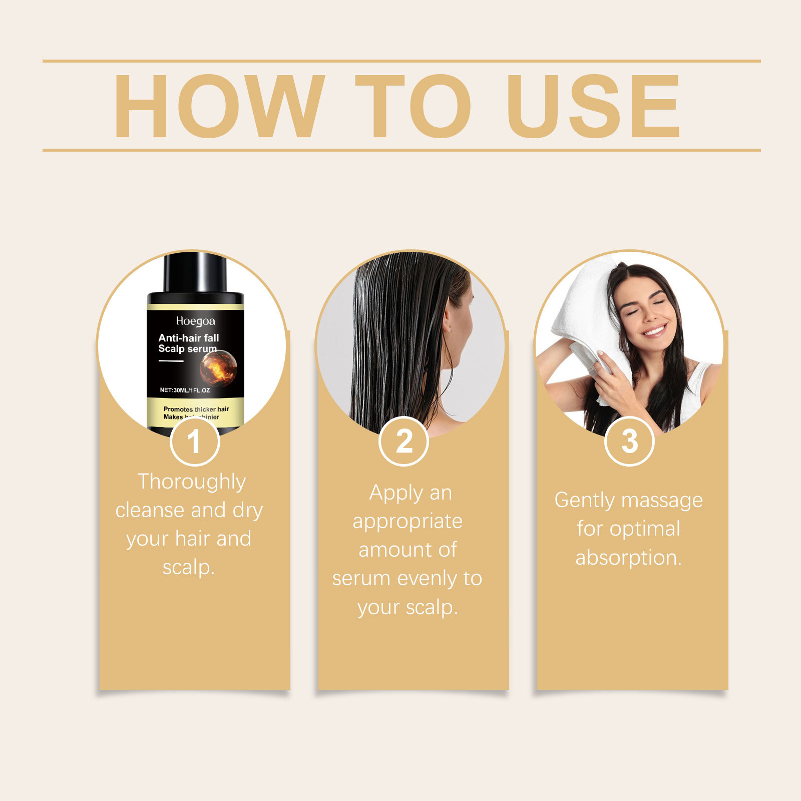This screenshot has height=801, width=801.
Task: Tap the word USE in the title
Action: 593,106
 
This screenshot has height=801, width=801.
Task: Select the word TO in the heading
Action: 413,106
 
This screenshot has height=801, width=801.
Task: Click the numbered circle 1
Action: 194,442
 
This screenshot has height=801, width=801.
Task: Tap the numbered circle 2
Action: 404,442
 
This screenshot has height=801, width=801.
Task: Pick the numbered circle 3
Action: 629,442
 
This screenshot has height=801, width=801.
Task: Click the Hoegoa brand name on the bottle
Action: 195,321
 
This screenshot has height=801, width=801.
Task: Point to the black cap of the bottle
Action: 195,273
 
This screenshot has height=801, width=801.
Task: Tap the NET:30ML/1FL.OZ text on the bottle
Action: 185,390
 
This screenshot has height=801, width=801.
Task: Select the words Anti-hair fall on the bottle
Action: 189,338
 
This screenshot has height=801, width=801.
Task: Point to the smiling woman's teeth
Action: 654,331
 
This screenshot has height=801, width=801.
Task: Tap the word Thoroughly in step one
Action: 192,482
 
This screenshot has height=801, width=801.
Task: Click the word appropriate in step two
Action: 408,522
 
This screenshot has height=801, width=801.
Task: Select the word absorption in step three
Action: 628,558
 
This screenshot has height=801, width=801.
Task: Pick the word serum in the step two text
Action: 361,579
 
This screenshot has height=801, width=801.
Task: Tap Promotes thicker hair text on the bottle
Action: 196,409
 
